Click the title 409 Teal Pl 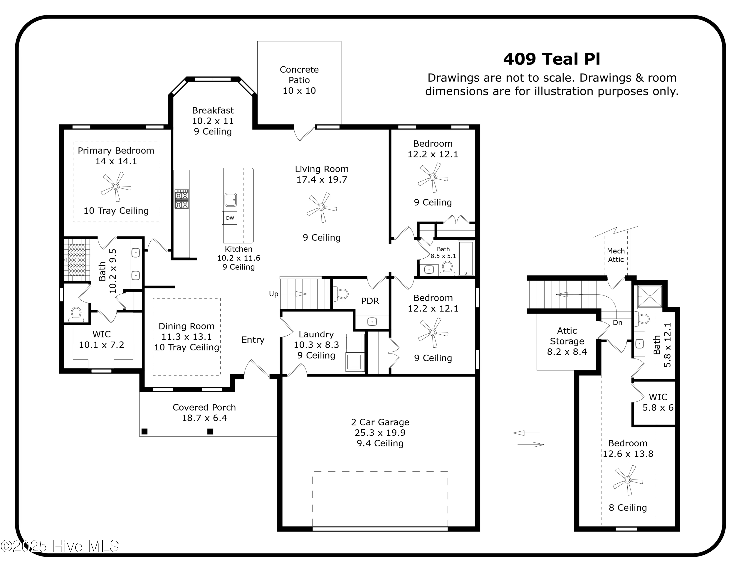[x=551, y=59]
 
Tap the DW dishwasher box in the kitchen [x=230, y=218]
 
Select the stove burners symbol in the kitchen [x=182, y=199]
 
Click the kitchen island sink [x=230, y=200]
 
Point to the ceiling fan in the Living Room [x=321, y=207]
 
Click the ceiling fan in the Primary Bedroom [x=116, y=186]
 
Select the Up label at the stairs [x=273, y=294]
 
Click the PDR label [x=370, y=301]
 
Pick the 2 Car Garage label [x=380, y=422]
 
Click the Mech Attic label [x=616, y=255]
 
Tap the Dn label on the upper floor [x=617, y=323]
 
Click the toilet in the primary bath [x=76, y=315]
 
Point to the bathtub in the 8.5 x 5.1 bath [x=466, y=258]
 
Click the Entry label [x=253, y=340]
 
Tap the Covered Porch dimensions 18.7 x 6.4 [x=204, y=418]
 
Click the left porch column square [x=144, y=431]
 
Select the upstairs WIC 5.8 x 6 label [x=658, y=402]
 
